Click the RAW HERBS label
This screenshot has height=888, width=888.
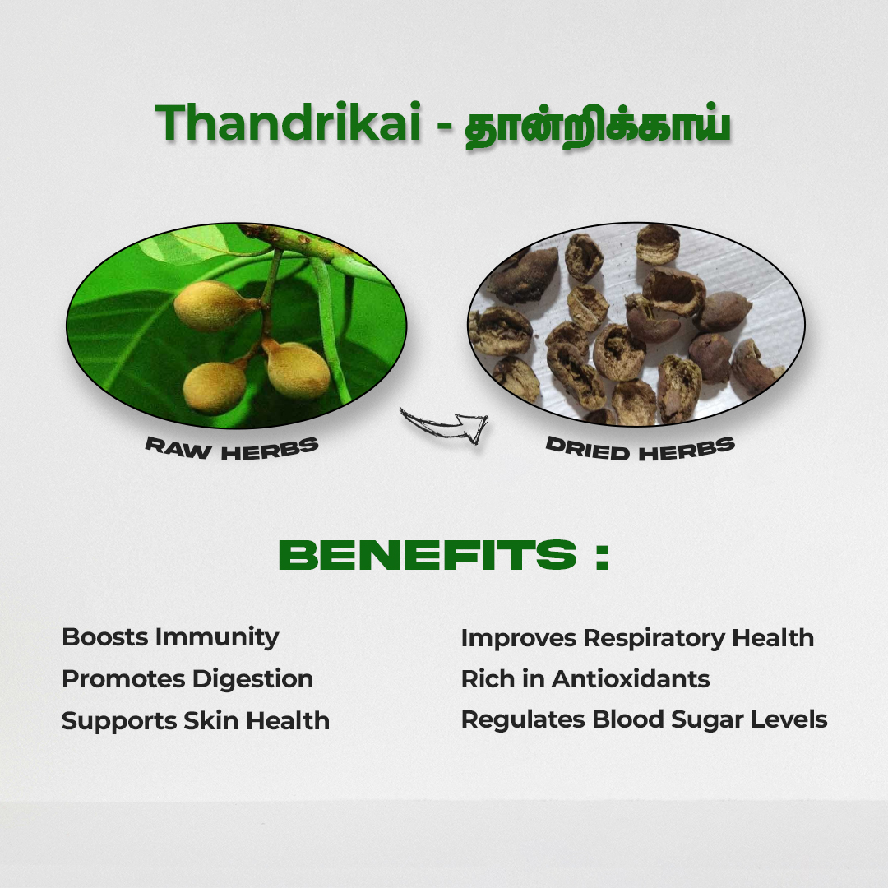pos(232,448)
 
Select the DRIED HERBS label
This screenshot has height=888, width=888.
pos(640,448)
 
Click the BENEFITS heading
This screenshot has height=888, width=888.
pos(428,554)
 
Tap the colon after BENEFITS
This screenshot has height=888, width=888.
pos(602,556)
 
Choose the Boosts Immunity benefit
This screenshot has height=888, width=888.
pos(170,638)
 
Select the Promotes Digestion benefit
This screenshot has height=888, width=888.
pos(187,679)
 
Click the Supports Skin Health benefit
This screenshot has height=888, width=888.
pos(196,721)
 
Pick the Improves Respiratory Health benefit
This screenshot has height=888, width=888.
pos(637,638)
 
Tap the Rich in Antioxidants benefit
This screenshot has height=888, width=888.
pos(585,679)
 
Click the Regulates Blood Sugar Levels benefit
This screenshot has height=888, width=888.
pos(644,719)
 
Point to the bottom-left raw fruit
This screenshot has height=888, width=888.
pos(215,387)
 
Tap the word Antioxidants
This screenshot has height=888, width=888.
pos(631,679)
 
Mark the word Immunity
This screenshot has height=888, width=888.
pos(217,638)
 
